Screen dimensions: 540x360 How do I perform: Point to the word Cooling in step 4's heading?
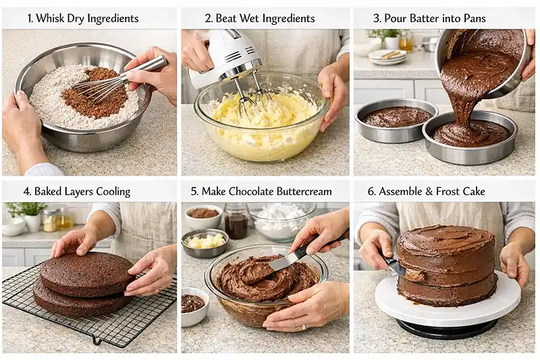pyautogui.click(x=113, y=192)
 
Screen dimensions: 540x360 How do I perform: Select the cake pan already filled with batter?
pyautogui.click(x=396, y=121)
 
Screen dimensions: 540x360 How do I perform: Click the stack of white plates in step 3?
pyautogui.click(x=389, y=57)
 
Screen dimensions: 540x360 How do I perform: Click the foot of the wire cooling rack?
pyautogui.click(x=97, y=341)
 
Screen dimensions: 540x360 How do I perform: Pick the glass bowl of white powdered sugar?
pyautogui.click(x=283, y=221)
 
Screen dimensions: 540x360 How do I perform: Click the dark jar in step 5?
pyautogui.click(x=236, y=222)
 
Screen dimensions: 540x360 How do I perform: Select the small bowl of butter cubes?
pyautogui.click(x=205, y=243)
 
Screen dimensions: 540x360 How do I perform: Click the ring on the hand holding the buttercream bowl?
pyautogui.click(x=303, y=327)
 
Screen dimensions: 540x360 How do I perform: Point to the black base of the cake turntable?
pyautogui.click(x=447, y=328)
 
